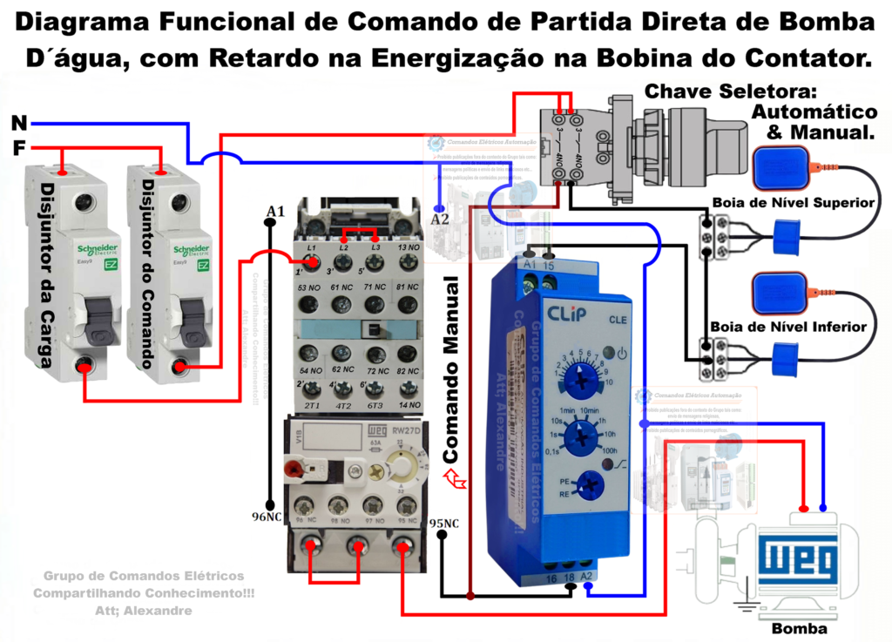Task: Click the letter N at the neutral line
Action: click(18, 123)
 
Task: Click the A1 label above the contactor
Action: click(275, 212)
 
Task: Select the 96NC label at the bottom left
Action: click(267, 517)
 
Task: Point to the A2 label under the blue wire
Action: click(440, 220)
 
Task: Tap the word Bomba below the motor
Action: click(799, 629)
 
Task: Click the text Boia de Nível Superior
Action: click(793, 202)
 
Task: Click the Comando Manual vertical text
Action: click(453, 370)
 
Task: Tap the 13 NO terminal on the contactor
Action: click(408, 247)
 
